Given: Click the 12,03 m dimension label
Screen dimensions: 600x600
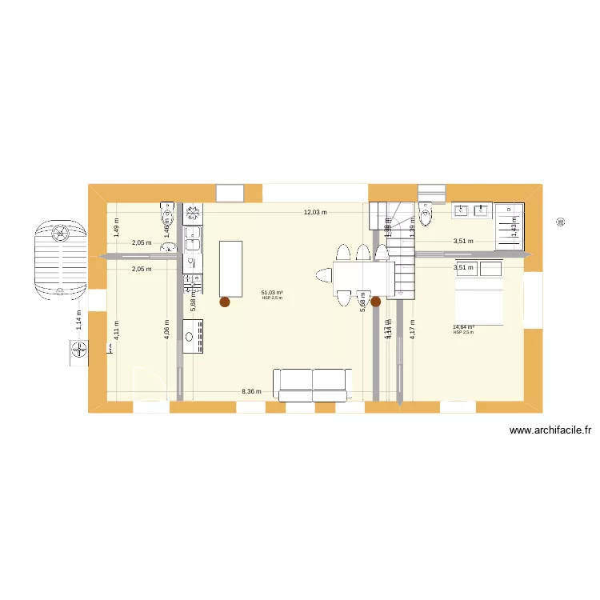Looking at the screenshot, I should pos(315,212).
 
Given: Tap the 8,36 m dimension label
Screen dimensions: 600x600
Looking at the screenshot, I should pos(251,392).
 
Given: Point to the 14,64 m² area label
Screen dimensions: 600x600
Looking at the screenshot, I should pos(463,327).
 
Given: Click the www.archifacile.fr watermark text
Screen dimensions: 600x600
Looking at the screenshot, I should pos(550,430).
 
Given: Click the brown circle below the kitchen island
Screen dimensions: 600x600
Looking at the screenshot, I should pos(225,302).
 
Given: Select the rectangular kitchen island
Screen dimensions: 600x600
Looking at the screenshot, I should pos(230,267).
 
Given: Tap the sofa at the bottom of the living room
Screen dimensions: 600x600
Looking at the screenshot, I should pos(311,383).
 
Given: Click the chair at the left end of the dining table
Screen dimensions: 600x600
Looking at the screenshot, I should pos(324,277).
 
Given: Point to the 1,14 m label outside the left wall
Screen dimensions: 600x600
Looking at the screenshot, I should pos(78,319).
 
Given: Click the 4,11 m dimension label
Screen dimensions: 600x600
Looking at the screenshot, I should pos(116,336).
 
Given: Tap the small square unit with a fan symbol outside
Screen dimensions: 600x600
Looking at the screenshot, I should pos(78,350).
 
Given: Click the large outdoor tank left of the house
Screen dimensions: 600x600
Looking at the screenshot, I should pos(60,257).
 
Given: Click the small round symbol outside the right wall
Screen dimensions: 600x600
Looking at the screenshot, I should pos(560,222).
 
